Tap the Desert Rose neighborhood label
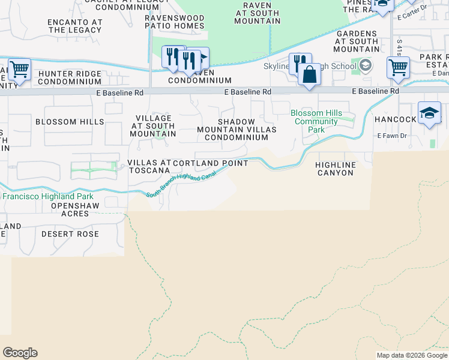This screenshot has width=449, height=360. point(70,233)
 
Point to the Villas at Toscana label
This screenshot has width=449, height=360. point(149,166)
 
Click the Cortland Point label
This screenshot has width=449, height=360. point(211,163)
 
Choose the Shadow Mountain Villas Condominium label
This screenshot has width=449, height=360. point(237,129)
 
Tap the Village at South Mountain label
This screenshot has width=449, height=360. point(155,126)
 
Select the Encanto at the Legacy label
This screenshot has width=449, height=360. point(75,26)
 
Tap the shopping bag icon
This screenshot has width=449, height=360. point(310,76)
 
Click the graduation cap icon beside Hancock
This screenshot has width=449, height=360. point(429,113)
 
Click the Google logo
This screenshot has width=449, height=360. point(20,353)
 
